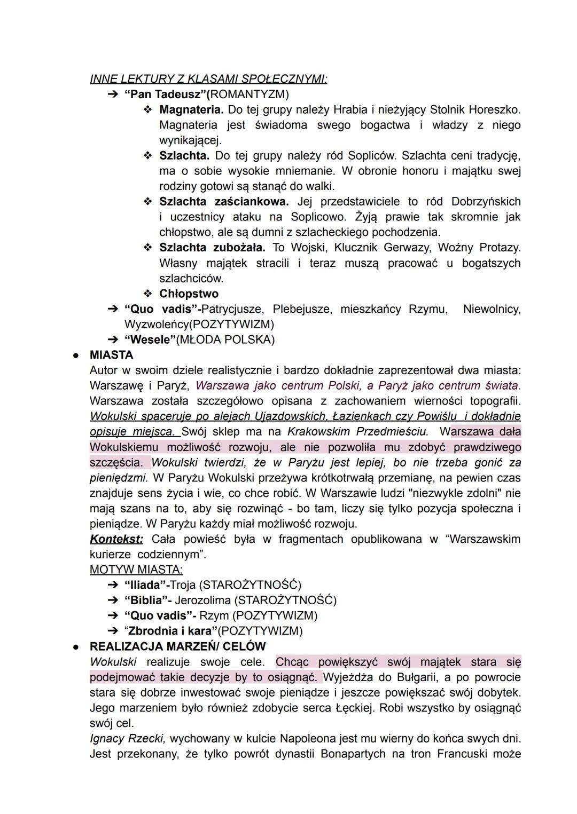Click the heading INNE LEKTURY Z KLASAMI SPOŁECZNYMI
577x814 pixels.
click(x=208, y=79)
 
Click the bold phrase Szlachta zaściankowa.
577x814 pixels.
click(x=223, y=202)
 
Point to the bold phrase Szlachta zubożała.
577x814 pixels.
click(x=212, y=248)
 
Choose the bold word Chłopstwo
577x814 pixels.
click(x=189, y=294)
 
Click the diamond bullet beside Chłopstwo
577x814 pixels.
click(x=147, y=294)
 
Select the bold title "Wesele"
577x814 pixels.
click(x=146, y=339)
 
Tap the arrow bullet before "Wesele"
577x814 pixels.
click(x=112, y=339)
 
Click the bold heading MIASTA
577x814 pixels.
click(x=111, y=355)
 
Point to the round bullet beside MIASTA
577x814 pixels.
click(x=76, y=355)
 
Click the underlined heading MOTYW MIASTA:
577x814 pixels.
click(x=136, y=570)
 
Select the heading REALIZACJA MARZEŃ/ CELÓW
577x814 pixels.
click(x=177, y=646)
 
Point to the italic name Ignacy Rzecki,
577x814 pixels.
click(x=128, y=739)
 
